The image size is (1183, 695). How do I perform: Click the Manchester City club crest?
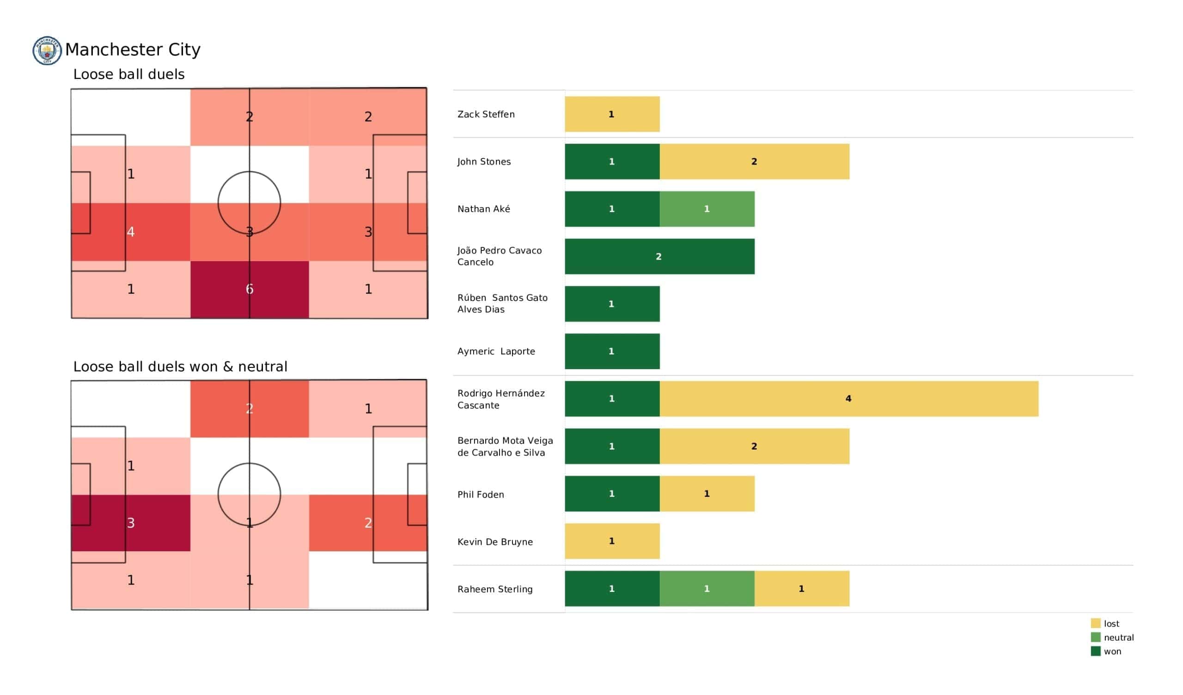47,50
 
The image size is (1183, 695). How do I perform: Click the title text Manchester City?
133,50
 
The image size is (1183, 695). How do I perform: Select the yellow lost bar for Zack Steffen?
612,114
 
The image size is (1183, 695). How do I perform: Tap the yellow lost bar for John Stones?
755,162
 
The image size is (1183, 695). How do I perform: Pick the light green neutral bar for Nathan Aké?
707,209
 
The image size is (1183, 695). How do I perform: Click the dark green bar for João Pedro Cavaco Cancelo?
659,256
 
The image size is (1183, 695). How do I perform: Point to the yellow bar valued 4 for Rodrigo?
849,399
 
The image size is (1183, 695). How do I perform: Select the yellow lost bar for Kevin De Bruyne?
612,542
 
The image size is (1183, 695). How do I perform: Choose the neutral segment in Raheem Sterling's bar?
707,589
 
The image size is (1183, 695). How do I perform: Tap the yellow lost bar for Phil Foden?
707,494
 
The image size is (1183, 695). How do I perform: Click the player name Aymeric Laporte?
496,351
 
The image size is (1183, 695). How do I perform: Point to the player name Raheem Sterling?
495,589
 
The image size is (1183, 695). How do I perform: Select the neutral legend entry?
1112,638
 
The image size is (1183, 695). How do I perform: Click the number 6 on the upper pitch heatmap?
249,289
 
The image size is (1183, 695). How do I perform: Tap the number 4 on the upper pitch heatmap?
131,232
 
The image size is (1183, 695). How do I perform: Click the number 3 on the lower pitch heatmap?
131,523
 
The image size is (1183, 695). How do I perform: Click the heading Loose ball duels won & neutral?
180,367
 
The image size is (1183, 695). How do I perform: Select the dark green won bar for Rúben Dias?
612,304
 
